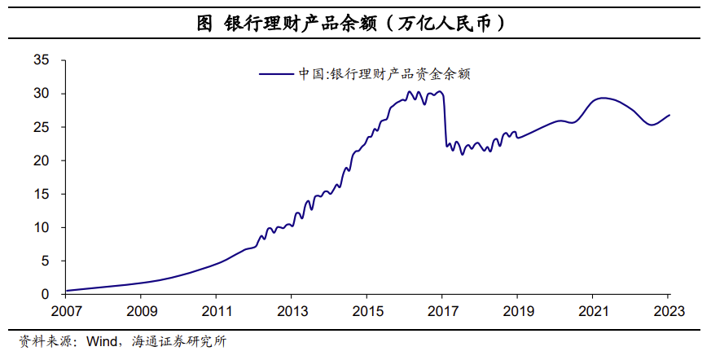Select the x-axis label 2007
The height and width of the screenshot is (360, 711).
tap(65, 311)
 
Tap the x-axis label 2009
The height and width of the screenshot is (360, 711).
tap(141, 311)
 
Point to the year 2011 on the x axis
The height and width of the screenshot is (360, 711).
tap(216, 311)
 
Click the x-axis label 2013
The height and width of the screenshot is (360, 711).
tap(292, 311)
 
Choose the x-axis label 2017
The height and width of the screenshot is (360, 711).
tap(442, 311)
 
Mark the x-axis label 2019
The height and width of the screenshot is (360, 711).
tap(517, 311)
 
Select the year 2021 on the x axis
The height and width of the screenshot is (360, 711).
tap(593, 311)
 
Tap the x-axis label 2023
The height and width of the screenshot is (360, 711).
tap(668, 311)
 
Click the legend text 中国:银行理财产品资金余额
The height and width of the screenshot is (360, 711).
tap(384, 73)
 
